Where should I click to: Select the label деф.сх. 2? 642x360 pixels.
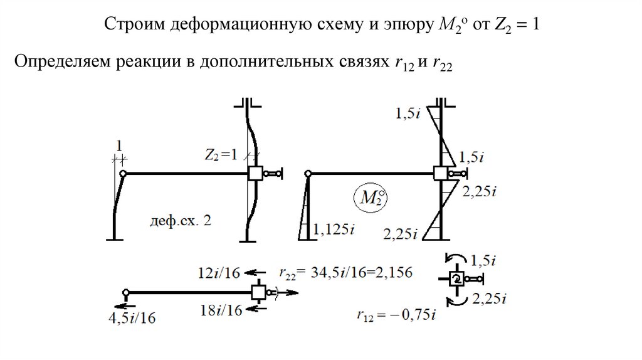[180, 221]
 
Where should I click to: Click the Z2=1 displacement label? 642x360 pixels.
[221, 155]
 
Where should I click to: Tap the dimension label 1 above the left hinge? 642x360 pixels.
[117, 146]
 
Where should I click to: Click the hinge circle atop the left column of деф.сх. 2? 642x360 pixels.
[124, 173]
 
